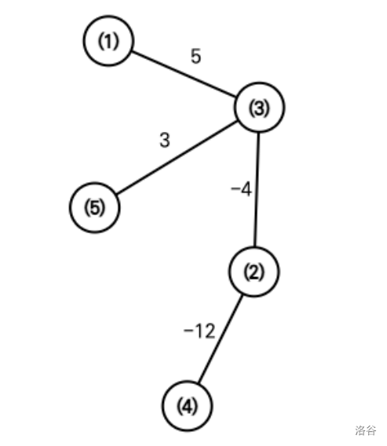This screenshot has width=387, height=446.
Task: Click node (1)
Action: (108, 41)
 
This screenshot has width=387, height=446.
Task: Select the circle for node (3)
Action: (259, 108)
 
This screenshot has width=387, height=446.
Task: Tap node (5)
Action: (95, 207)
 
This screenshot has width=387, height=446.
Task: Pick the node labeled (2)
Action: (254, 272)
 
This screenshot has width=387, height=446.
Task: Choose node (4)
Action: (187, 406)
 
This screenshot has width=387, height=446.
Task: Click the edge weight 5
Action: (196, 56)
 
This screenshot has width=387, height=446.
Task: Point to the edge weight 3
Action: (165, 140)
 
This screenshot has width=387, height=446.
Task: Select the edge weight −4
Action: (242, 189)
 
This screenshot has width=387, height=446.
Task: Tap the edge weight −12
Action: (199, 331)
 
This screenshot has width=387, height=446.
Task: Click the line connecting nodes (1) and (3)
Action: (184, 75)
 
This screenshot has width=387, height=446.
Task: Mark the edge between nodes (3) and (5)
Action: (177, 158)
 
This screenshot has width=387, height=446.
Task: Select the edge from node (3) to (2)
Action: (257, 189)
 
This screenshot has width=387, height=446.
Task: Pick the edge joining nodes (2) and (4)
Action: (221, 339)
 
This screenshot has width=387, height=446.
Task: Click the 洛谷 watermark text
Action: (366, 430)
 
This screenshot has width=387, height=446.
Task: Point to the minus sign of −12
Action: (188, 331)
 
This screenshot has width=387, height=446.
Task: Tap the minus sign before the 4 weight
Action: (235, 188)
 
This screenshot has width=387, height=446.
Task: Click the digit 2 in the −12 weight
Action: (210, 331)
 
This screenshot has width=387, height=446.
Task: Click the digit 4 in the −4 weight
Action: (246, 190)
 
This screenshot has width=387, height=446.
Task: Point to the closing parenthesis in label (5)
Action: (103, 207)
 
